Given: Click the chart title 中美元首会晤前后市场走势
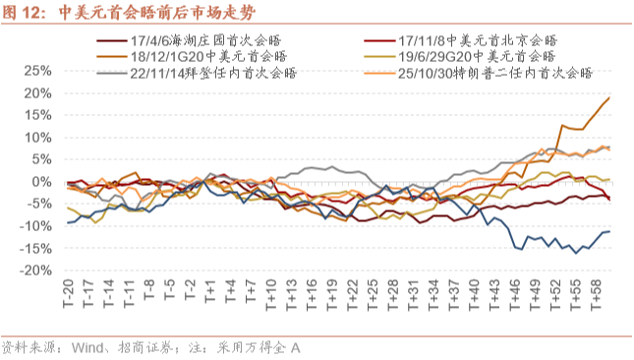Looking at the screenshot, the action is coord(157,13).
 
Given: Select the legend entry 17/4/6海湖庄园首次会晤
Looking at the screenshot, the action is coord(189,40).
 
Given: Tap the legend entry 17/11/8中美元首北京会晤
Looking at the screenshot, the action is coord(461,40).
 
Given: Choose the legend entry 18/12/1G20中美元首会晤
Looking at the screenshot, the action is coord(192,57).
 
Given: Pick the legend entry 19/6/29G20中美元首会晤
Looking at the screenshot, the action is coord(460,57).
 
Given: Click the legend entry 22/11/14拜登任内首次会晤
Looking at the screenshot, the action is coord(197,73).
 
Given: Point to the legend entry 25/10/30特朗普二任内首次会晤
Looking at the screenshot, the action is coord(479,73).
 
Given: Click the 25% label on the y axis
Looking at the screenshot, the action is coord(38,71).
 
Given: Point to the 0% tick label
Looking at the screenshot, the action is coord(42,182).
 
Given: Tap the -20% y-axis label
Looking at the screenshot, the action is coord(35,270).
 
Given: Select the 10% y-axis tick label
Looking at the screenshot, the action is coord(38,138).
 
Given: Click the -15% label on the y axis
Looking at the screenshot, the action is coord(35,248).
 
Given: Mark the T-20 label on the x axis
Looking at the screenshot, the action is coord(69,293).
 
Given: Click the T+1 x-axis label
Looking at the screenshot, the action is coord(210,290).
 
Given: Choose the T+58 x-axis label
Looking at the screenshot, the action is coord(596,294).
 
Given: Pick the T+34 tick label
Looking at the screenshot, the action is coord(433,294).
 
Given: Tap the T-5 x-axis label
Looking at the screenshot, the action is coord(170,289).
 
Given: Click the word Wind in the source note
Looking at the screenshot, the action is coord(87,348).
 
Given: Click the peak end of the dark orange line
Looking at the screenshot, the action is coord(609,97).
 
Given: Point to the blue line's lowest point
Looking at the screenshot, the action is coord(576,253).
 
